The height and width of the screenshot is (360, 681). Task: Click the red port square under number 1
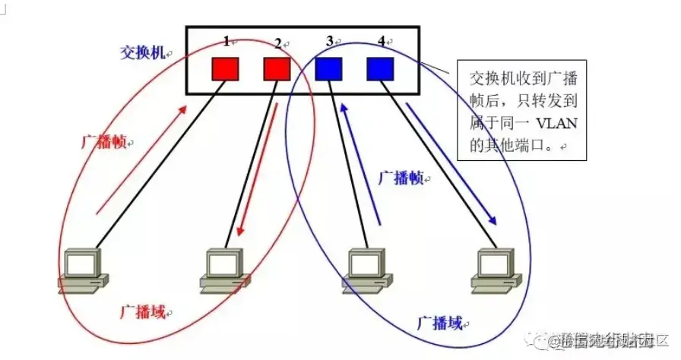click(225, 69)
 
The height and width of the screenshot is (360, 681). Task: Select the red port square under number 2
click(277, 69)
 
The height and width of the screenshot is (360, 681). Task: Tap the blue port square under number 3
click(329, 69)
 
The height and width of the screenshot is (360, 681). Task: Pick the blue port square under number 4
click(380, 69)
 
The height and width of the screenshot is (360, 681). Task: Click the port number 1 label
click(226, 40)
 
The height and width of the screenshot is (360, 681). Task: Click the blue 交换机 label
click(142, 52)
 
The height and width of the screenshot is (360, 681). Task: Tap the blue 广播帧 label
click(400, 178)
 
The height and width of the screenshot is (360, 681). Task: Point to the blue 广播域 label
click(439, 324)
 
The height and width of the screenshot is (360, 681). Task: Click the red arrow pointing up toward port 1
click(142, 159)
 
